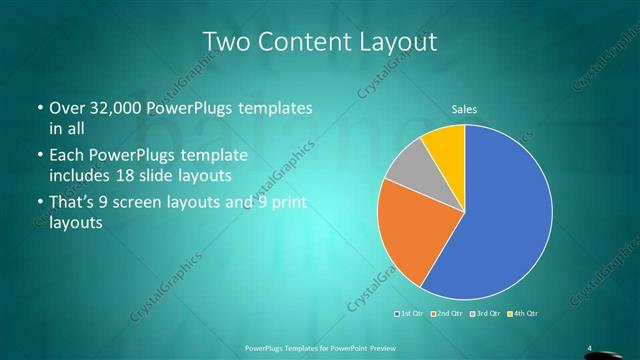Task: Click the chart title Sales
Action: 464,108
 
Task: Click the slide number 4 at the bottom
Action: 589,347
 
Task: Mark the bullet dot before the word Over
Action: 39,108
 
